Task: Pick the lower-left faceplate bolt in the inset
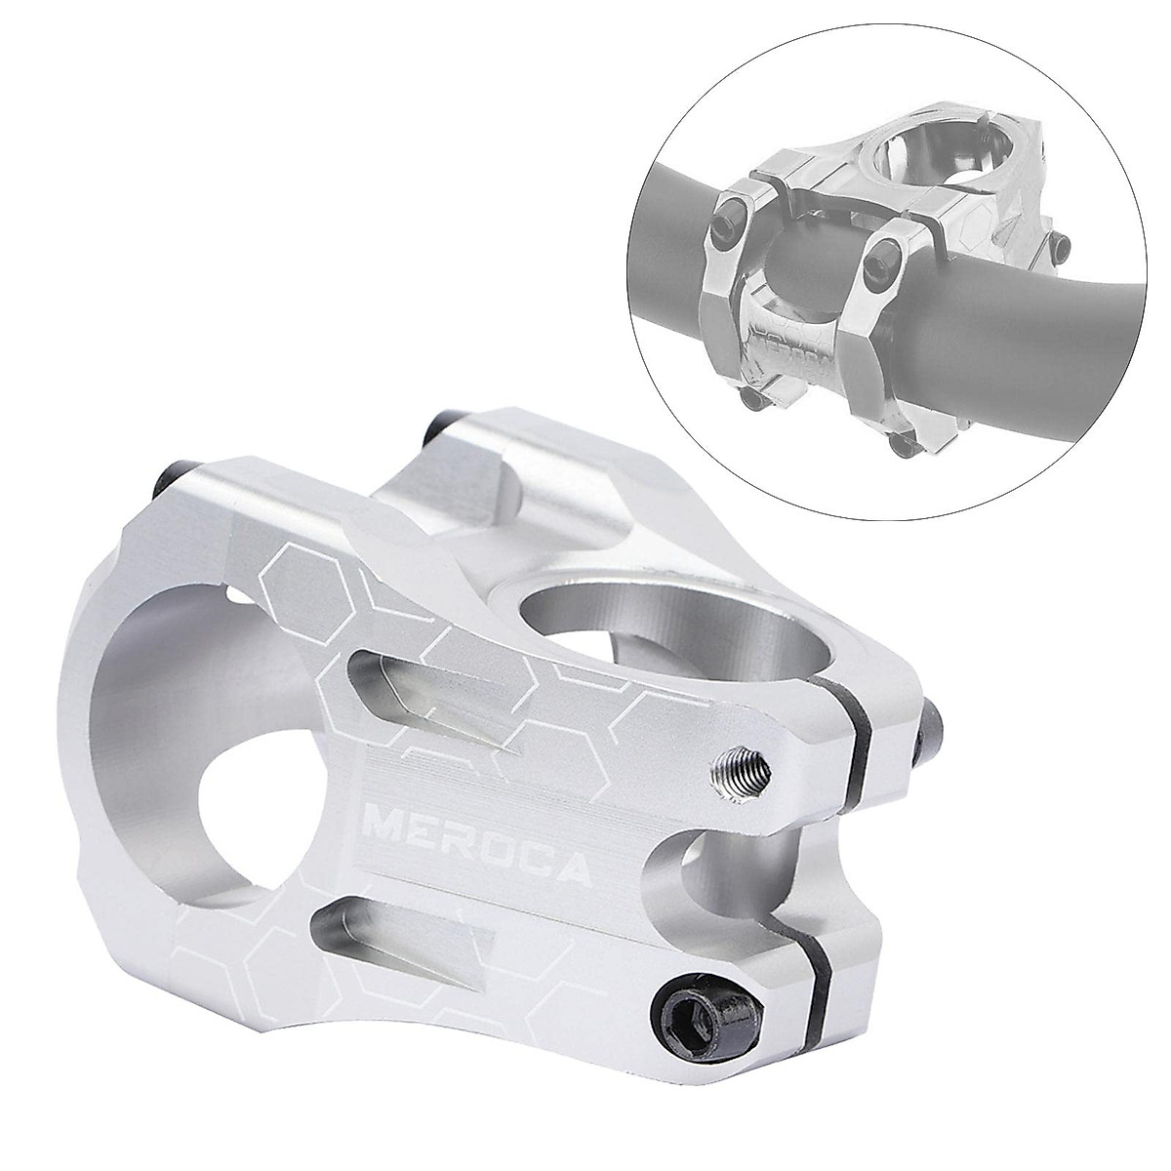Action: coord(752,397)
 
